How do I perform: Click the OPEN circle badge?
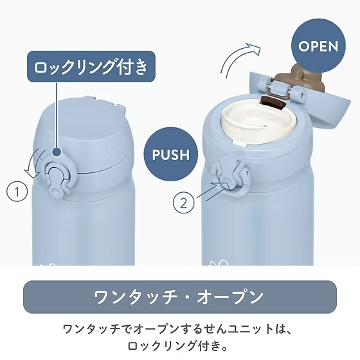318,46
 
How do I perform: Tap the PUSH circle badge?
171,154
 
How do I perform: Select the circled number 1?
17,192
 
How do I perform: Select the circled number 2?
183,203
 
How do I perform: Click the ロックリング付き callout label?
91,66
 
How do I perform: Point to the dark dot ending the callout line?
57,152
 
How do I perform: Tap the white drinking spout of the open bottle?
260,126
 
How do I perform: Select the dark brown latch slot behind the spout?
273,103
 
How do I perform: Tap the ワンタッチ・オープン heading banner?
180,297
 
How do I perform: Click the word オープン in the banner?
230,297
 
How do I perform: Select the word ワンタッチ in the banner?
136,297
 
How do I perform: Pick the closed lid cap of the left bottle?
83,134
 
